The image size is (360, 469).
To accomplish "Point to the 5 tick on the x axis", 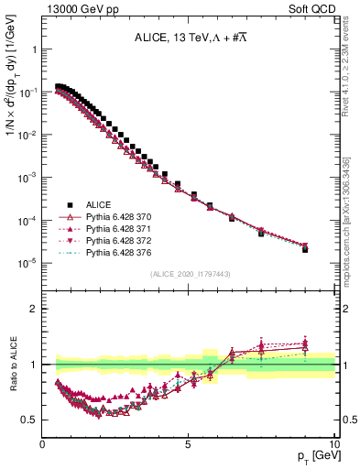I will (x=188, y=445).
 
